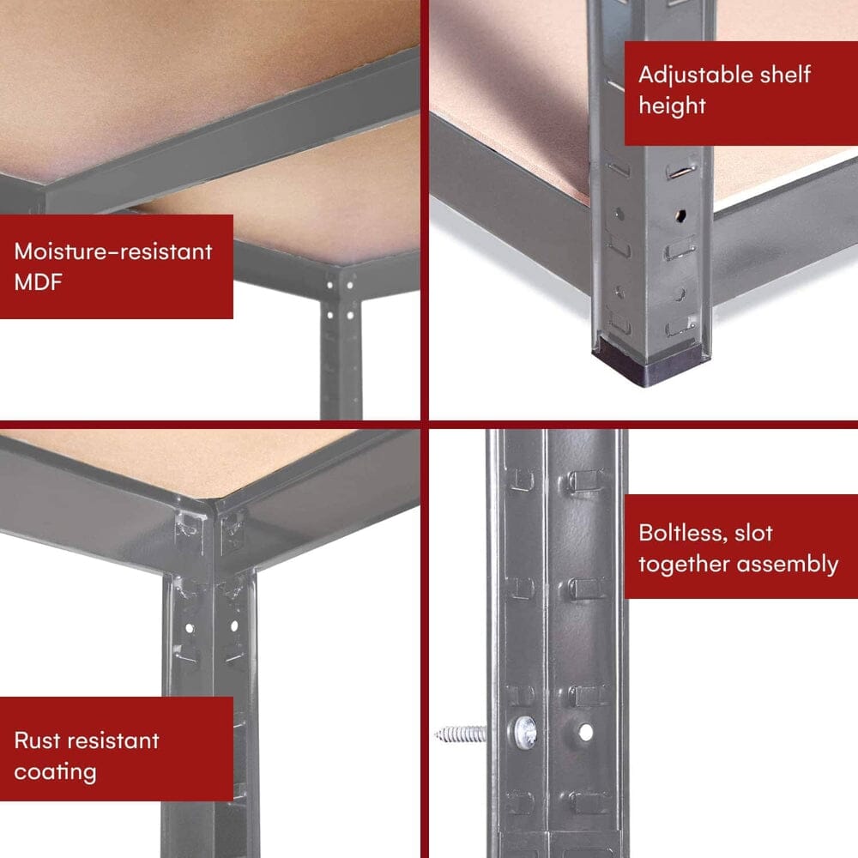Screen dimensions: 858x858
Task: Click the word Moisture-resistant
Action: pyautogui.click(x=112, y=251)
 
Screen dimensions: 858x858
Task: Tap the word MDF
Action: pyautogui.click(x=39, y=282)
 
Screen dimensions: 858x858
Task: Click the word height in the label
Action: pyautogui.click(x=672, y=106)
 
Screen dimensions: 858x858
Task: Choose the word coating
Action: pyautogui.click(x=55, y=770)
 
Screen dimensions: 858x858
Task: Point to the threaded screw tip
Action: pyautogui.click(x=459, y=734)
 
